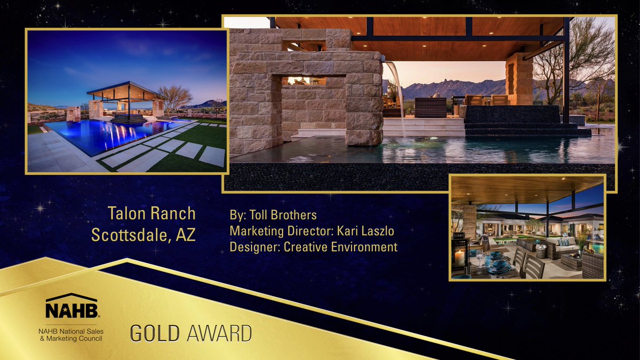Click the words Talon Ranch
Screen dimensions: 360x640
(x=152, y=213)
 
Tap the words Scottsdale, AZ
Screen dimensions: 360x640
(x=143, y=235)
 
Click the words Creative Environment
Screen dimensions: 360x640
(x=340, y=247)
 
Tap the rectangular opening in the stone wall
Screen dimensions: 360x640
(x=307, y=81)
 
